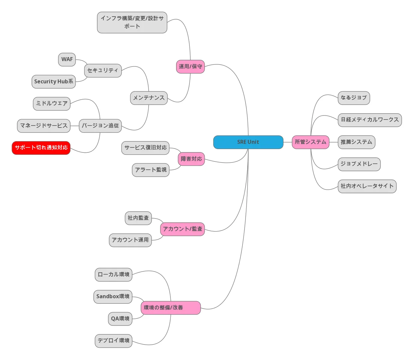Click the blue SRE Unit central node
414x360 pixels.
pos(248,142)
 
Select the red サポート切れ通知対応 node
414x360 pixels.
pos(41,148)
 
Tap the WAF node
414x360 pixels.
pos(67,59)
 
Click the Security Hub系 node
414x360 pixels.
pos(53,82)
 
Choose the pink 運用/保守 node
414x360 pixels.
pos(190,66)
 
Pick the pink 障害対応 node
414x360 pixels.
pos(191,159)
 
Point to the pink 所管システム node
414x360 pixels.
pos(310,142)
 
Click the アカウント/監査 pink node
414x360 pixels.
pos(182,229)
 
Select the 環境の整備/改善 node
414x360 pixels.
pos(171,308)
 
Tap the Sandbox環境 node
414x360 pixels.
pos(113,297)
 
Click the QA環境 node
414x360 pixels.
pos(120,319)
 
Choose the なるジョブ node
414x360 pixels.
pos(354,98)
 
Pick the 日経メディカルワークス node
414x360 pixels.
pos(369,120)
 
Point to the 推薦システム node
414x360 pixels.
pos(356,142)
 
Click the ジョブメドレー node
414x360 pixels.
pos(359,164)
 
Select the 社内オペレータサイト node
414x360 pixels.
pos(367,186)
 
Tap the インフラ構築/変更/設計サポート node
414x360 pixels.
pos(132,23)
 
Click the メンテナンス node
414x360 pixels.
pos(149,98)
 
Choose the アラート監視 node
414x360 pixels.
pos(151,170)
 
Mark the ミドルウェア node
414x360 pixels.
pos(52,104)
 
